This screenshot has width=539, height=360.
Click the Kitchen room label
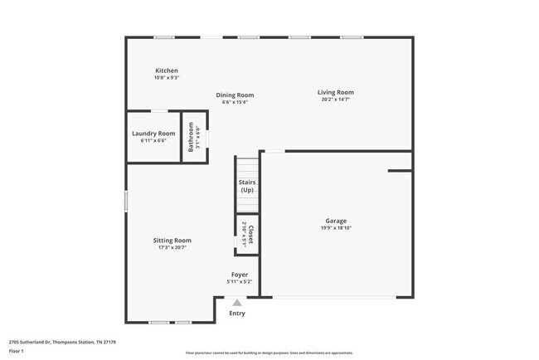(166, 71)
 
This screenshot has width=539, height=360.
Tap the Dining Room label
(235, 95)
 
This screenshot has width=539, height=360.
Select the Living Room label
(335, 92)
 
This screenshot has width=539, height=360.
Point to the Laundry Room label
(153, 134)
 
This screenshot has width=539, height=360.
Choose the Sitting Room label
(172, 240)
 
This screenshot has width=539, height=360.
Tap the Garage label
(335, 221)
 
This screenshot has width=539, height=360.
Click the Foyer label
(239, 275)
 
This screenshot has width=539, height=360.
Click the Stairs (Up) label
(246, 186)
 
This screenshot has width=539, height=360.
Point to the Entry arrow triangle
(237, 303)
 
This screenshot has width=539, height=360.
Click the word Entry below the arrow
(237, 314)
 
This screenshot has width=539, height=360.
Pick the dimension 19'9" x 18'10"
(335, 228)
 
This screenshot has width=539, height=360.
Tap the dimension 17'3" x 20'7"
(172, 247)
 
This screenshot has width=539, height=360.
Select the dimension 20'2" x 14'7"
(335, 100)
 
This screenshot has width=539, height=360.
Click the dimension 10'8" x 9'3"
(166, 78)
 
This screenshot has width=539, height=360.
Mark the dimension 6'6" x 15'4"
(235, 102)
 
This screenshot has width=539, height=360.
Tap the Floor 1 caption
(17, 352)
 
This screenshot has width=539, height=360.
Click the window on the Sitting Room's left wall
(126, 202)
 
